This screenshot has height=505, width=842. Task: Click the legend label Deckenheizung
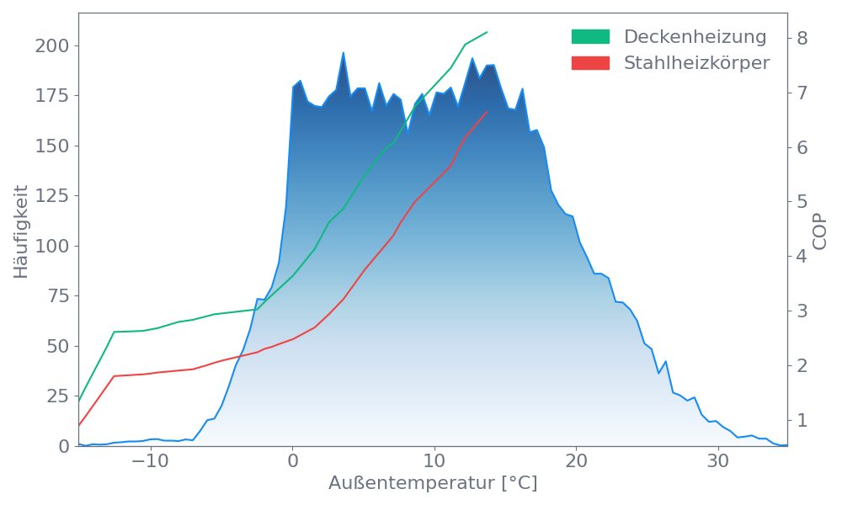coord(695,37)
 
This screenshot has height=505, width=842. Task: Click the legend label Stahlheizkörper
coord(696,63)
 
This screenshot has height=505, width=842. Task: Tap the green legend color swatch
coord(590,37)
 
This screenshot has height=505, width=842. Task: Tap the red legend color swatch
coord(590,63)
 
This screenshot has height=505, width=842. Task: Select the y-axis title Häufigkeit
coord(22,231)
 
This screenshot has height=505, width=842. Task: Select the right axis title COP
coord(820,231)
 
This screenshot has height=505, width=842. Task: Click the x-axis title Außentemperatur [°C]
coord(433,484)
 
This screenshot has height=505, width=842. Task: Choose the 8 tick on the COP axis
coord(802,38)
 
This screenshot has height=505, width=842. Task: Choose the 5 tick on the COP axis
coord(802,202)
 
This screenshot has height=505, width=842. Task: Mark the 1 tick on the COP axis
coord(802,420)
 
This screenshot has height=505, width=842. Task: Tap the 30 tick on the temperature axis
coord(717,462)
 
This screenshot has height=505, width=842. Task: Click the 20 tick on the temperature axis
coord(576,462)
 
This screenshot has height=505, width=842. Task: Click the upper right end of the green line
coord(488,32)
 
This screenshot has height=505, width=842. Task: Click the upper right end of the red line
coord(488,111)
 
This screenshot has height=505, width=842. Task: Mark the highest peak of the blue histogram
coord(344,52)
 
